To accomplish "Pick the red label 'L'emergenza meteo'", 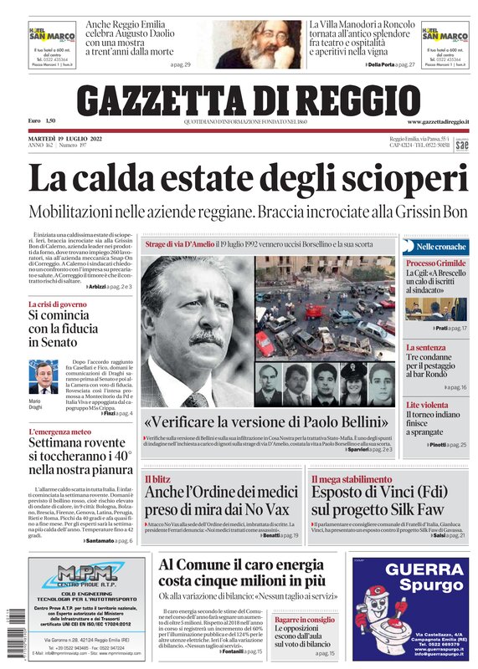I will (x=59, y=432).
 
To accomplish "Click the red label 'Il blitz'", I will (x=157, y=479).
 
